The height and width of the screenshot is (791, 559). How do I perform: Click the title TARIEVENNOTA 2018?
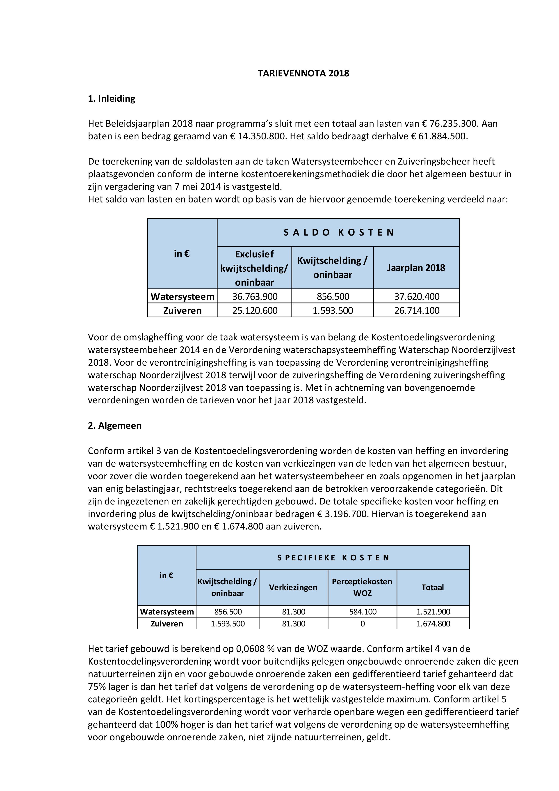[x=303, y=73]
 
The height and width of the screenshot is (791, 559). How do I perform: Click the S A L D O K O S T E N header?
[x=338, y=233]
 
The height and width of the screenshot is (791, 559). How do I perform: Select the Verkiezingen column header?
[x=293, y=587]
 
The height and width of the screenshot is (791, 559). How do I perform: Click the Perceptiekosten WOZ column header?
[x=362, y=587]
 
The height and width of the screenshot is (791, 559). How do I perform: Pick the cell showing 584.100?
[x=362, y=612]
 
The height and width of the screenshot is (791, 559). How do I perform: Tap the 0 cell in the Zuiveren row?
[x=362, y=624]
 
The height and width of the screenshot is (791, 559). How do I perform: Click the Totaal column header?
[x=433, y=587]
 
